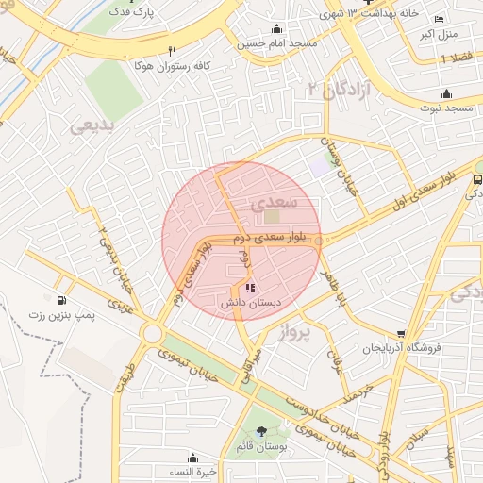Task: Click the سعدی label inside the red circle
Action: pyautogui.click(x=275, y=202)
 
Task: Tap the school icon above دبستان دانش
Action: pyautogui.click(x=249, y=288)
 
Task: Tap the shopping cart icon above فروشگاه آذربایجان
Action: pyautogui.click(x=401, y=333)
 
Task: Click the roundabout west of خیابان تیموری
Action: pyautogui.click(x=152, y=333)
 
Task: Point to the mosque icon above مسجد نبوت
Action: pyautogui.click(x=446, y=94)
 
